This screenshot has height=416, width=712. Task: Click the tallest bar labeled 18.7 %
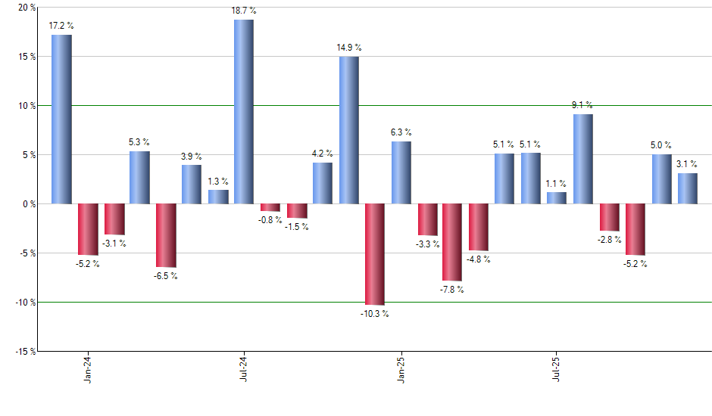(x=244, y=112)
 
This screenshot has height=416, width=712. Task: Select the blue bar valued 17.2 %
(x=61, y=120)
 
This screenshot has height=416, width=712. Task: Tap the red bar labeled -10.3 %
(x=375, y=254)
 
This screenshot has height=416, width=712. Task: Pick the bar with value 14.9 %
(x=348, y=130)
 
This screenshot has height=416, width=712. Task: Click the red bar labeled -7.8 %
(x=452, y=242)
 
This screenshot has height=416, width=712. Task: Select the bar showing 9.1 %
(x=582, y=159)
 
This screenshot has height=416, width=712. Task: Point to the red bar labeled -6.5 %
(x=166, y=235)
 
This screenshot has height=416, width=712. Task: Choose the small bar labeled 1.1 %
(x=557, y=198)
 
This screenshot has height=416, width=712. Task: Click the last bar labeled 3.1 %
(x=687, y=188)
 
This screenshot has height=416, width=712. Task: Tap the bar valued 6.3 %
(x=401, y=172)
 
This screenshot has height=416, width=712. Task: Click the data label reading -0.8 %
(x=270, y=221)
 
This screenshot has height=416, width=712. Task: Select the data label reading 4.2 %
(x=323, y=154)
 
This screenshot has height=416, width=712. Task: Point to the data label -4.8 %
(x=478, y=259)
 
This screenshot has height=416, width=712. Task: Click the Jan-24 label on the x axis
(x=89, y=368)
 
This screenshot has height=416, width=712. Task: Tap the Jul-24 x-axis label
(x=244, y=368)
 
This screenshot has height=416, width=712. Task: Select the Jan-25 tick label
(x=401, y=368)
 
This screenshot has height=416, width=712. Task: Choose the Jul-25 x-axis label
(x=557, y=368)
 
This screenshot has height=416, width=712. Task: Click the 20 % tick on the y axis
(x=26, y=8)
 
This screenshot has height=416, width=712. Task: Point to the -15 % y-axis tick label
(x=23, y=351)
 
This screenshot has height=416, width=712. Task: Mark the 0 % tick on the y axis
(x=29, y=204)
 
